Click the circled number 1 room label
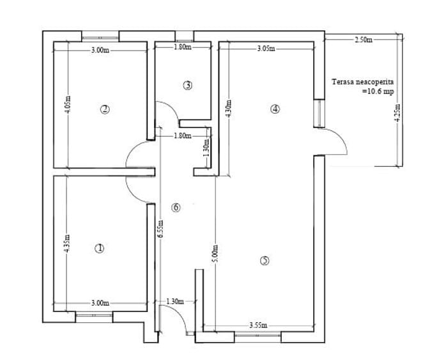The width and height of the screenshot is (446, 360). (x=99, y=249)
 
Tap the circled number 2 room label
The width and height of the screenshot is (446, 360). (x=105, y=109)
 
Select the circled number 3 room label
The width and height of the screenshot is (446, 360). (x=188, y=85)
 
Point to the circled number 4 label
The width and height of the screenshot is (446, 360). (x=275, y=109)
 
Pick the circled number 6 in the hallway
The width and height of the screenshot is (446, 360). (x=176, y=207)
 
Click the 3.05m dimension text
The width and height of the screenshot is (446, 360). (x=266, y=49)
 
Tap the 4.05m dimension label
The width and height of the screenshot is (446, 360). (x=68, y=104)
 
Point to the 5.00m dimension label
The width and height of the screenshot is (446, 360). (x=215, y=254)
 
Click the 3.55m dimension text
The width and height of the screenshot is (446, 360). (x=258, y=325)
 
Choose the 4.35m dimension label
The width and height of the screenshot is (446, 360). (x=66, y=244)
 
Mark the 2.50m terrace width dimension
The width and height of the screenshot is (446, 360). (x=364, y=40)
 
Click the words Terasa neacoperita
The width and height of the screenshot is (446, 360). (x=363, y=82)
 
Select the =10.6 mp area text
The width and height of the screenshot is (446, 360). (x=378, y=91)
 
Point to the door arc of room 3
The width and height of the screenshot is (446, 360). (x=171, y=107)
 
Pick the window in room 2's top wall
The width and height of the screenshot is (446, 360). (x=100, y=37)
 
